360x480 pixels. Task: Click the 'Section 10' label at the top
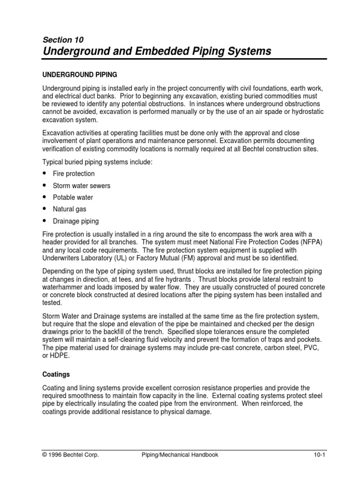[x=63, y=40]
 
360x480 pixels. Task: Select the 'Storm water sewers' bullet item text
[x=82, y=186]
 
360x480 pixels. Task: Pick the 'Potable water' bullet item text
[x=73, y=197]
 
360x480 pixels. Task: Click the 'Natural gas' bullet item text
[x=69, y=209]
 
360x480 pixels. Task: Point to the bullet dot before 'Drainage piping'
[x=45, y=221]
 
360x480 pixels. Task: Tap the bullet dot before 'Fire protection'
[x=45, y=173]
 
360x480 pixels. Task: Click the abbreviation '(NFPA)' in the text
[x=313, y=242]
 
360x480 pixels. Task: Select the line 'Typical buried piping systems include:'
[x=98, y=162]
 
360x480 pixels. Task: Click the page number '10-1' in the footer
[x=319, y=454]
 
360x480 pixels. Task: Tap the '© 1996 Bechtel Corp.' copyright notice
[x=70, y=454]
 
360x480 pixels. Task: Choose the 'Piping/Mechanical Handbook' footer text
[x=180, y=454]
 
